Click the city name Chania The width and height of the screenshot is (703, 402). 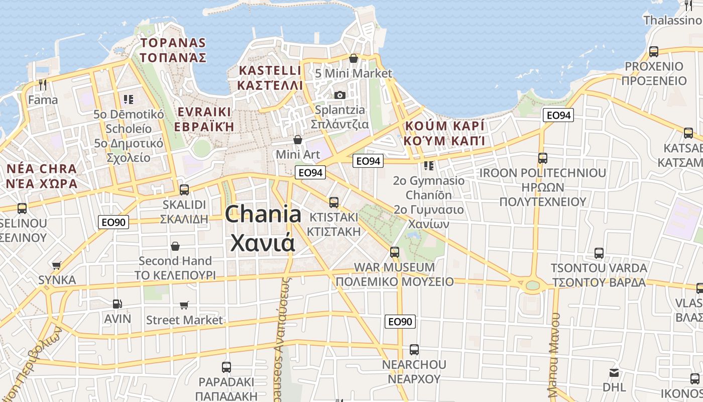[263, 215]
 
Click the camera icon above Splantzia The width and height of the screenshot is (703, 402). [340, 95]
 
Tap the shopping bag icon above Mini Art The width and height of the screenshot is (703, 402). [298, 139]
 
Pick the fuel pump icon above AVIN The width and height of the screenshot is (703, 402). [117, 304]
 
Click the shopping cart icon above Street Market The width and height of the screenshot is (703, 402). [184, 305]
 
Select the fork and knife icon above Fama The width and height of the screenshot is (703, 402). [43, 85]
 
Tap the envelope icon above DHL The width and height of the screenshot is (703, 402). [614, 373]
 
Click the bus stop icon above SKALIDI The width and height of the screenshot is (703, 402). [184, 189]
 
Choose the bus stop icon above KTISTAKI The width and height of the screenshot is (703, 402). [334, 202]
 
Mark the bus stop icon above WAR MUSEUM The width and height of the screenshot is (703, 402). [395, 252]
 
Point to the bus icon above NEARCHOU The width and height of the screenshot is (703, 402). [414, 349]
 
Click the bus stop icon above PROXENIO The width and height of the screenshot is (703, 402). [654, 51]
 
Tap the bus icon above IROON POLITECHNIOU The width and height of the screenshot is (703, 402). [542, 158]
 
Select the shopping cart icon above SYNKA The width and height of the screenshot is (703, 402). [57, 265]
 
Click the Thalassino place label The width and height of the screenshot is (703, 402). [673, 20]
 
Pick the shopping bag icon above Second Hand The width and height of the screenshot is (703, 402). [175, 246]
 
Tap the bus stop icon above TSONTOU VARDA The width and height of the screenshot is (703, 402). [599, 253]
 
